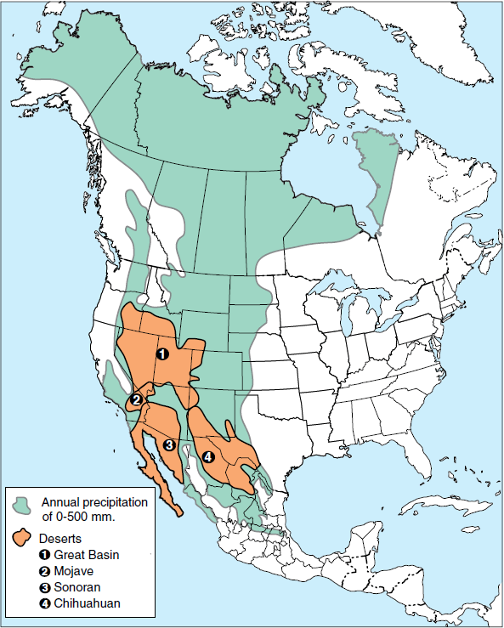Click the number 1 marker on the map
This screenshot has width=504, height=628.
(162, 353)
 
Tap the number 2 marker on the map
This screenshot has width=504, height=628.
(135, 400)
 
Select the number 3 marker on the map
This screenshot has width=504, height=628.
(169, 444)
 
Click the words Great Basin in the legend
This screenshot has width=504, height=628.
(86, 555)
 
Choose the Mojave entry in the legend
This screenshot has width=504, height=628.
(74, 571)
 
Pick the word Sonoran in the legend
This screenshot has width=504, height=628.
(78, 587)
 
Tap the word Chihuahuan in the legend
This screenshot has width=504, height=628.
(86, 603)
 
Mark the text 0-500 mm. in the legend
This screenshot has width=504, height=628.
(85, 516)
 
